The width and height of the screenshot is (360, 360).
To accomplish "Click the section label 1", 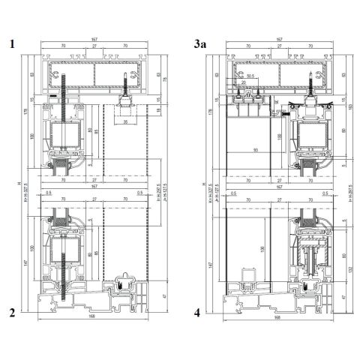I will (x=12, y=44).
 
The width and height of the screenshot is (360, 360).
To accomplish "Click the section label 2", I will (x=12, y=313).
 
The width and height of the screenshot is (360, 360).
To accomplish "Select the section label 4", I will (x=196, y=313).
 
